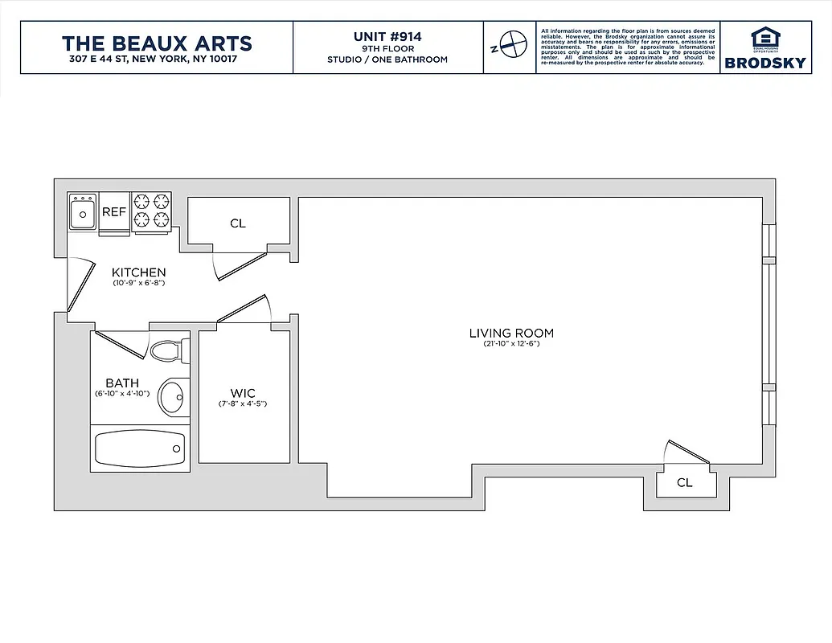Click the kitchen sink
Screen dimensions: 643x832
(x=82, y=214)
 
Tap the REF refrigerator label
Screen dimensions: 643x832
(x=113, y=212)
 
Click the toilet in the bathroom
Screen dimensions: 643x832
(x=168, y=351)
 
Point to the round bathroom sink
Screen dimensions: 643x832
(x=171, y=395)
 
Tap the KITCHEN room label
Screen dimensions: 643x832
(x=139, y=272)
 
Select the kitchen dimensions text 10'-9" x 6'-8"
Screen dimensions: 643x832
(x=139, y=283)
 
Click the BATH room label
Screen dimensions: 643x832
(x=122, y=383)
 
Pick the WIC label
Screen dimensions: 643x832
(x=243, y=393)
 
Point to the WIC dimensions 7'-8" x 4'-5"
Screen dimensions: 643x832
(x=243, y=403)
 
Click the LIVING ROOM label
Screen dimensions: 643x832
(x=511, y=333)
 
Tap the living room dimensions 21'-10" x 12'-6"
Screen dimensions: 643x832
(x=511, y=344)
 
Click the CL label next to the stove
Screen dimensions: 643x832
(x=237, y=223)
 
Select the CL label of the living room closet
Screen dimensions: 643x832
(x=684, y=483)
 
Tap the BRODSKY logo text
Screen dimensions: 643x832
(x=764, y=63)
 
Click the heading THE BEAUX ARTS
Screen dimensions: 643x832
(x=157, y=43)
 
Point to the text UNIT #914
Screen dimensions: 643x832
(x=387, y=36)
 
